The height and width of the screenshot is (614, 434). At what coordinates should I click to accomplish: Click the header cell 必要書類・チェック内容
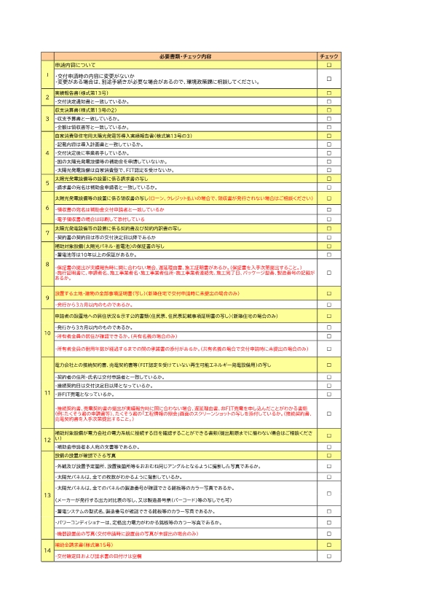tap(184, 57)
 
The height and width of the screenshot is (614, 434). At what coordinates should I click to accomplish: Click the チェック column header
tap(328, 57)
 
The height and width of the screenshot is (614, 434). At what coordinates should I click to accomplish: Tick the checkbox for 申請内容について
tap(328, 66)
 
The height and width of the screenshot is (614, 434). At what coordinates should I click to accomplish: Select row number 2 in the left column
tap(47, 98)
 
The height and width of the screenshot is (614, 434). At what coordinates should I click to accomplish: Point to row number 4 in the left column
tap(47, 154)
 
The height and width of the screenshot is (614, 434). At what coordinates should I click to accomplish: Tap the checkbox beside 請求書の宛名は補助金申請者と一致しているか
tap(328, 187)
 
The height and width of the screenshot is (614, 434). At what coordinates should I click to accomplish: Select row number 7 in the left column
tap(47, 233)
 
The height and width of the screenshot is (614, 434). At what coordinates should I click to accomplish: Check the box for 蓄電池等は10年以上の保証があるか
tap(328, 255)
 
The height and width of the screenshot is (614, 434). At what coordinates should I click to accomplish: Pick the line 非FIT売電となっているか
tap(84, 394)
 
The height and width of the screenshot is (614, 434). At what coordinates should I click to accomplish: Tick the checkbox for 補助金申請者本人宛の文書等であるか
tap(328, 446)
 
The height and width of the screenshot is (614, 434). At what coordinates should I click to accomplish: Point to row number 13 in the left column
tap(47, 496)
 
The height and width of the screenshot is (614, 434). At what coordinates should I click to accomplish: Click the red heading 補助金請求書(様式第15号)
tap(84, 545)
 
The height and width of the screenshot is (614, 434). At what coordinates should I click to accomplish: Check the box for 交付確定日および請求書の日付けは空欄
tap(328, 556)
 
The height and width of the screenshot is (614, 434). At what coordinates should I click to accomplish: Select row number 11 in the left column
tap(47, 394)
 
